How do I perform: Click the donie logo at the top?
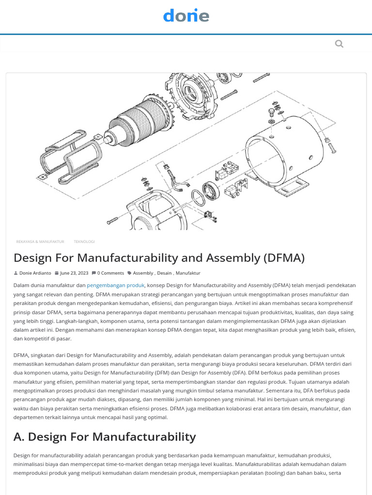tap(186, 15)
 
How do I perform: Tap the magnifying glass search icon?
tap(339, 44)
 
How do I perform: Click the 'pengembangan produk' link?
tap(115, 285)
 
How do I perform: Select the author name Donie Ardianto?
tap(35, 273)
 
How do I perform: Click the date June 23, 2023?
tap(74, 273)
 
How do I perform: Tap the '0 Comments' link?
tap(110, 273)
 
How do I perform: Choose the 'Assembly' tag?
tap(143, 273)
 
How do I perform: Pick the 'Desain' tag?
tap(164, 273)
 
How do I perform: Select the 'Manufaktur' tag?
tap(188, 273)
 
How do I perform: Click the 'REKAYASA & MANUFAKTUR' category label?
tap(40, 242)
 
